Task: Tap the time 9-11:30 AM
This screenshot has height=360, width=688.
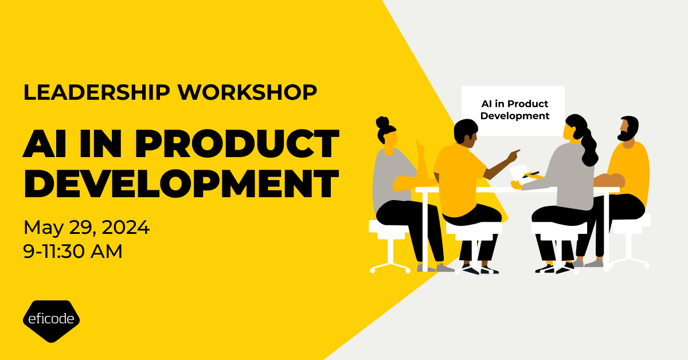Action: [73, 251]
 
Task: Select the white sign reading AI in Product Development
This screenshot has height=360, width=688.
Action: [513, 110]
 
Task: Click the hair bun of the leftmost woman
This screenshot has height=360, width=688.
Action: [382, 122]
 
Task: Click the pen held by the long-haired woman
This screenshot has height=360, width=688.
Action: [530, 174]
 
